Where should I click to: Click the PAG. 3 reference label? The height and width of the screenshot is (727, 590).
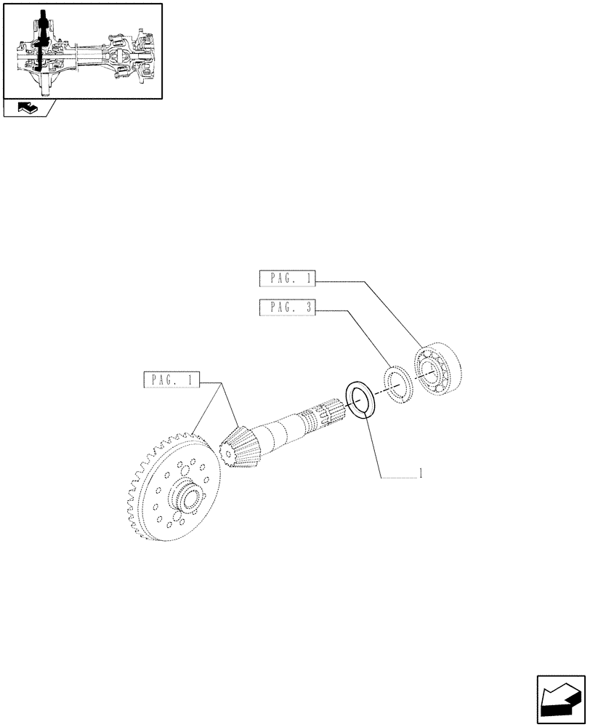[287, 308]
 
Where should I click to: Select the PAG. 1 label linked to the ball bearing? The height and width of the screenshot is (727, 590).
[287, 278]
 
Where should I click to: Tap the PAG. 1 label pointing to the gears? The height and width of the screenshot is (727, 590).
[171, 379]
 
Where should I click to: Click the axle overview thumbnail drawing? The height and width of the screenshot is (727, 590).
[82, 51]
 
